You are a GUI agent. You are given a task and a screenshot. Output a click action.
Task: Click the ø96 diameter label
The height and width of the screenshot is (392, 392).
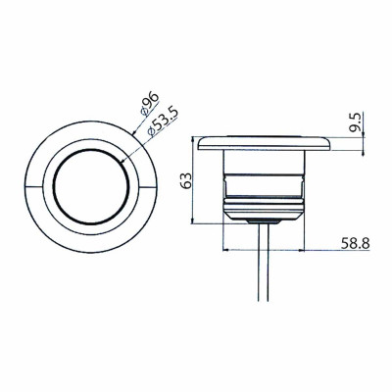[150, 104]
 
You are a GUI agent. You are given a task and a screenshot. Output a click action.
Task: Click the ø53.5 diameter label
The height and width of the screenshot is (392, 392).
[163, 122]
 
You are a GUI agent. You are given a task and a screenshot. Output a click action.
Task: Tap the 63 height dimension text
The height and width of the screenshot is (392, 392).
[186, 180]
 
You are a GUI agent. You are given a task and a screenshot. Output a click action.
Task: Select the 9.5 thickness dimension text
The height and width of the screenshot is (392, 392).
[355, 122]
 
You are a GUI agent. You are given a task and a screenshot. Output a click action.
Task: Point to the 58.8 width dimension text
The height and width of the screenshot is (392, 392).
[356, 244]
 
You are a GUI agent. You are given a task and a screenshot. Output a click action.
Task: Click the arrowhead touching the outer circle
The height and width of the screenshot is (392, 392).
[134, 132]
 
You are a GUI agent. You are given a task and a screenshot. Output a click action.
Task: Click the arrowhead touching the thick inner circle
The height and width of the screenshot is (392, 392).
[123, 160]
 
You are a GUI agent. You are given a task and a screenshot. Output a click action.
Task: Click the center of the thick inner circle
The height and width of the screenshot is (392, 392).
[91, 186]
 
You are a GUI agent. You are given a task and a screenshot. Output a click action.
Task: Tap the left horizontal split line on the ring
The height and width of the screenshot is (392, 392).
[34, 187]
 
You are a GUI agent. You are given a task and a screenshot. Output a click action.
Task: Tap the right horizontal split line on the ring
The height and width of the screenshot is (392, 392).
[148, 187]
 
